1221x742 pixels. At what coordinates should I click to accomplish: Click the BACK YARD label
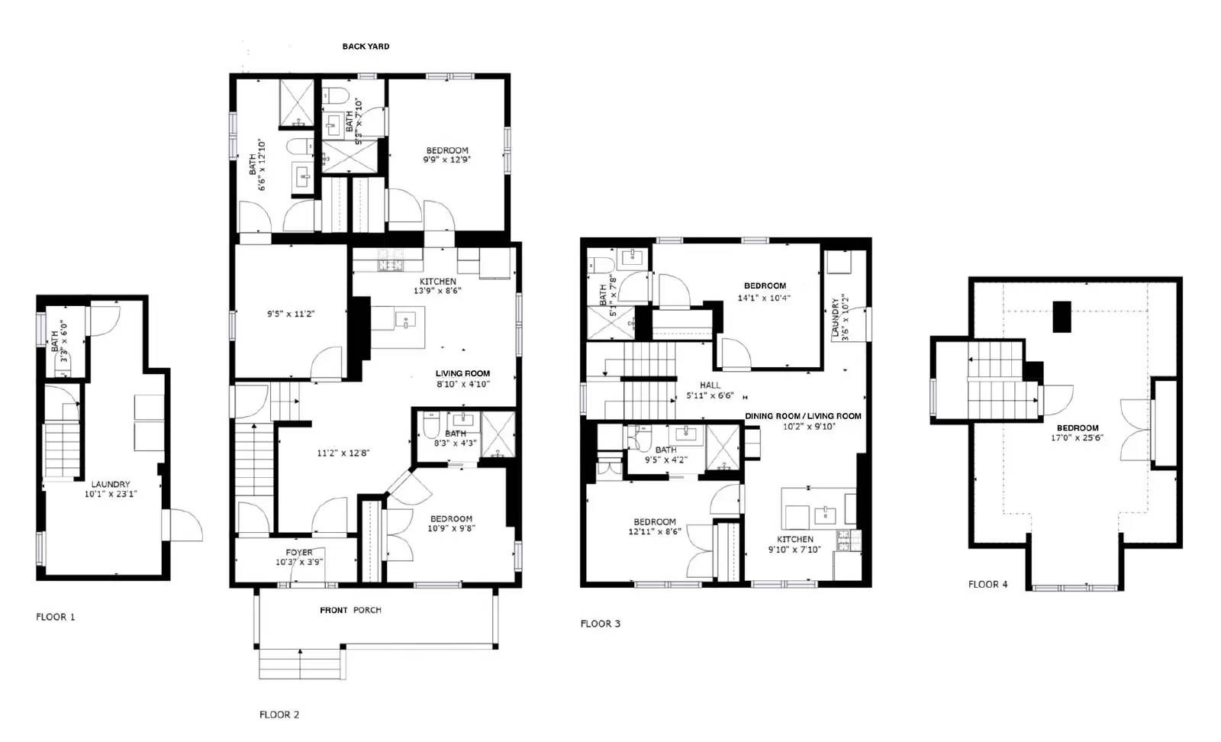(366, 47)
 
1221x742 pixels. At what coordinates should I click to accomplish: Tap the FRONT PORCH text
(350, 610)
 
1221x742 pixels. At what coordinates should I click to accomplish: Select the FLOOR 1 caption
(56, 617)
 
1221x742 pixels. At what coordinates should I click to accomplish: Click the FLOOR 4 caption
(987, 584)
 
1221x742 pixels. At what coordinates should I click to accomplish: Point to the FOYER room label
(299, 552)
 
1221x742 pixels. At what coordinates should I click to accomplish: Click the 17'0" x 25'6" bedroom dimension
(1077, 438)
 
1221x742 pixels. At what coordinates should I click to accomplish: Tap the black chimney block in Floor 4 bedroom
(1062, 316)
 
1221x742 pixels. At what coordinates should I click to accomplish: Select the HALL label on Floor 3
(710, 386)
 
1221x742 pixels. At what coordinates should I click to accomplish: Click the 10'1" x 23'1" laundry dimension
(111, 494)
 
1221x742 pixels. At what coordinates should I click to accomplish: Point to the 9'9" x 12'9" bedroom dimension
(446, 160)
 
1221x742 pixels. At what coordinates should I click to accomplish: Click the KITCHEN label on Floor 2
(437, 281)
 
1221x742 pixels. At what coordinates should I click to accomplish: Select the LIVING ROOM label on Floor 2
(462, 374)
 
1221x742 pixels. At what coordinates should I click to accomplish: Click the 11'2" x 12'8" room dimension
(343, 453)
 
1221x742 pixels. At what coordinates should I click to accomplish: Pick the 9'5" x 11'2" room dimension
(291, 314)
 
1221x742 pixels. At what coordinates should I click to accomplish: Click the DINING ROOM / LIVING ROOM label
(803, 416)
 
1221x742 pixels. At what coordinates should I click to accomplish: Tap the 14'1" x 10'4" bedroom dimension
(764, 298)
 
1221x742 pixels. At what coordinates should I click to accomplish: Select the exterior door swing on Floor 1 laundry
(185, 524)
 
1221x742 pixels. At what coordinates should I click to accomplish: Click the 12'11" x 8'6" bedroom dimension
(654, 531)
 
